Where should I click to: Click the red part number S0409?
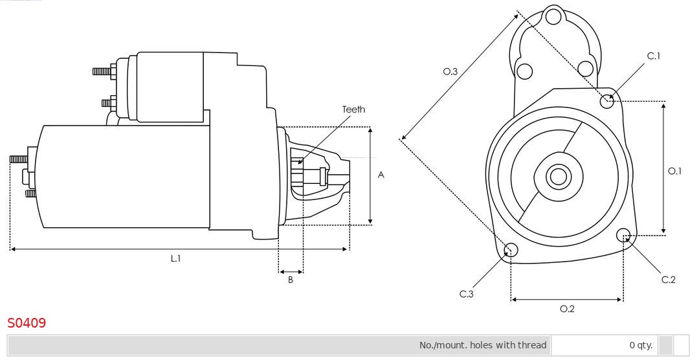[27, 322]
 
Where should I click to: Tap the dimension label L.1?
[175, 258]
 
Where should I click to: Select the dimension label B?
[291, 280]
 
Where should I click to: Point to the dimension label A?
[381, 175]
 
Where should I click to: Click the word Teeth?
[353, 109]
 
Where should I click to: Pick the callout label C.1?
[654, 56]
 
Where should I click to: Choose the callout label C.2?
[668, 280]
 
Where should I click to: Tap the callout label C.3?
[466, 294]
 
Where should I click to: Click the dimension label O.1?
[674, 171]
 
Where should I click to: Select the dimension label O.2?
[567, 309]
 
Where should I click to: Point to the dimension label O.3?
[450, 71]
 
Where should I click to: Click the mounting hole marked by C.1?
[606, 101]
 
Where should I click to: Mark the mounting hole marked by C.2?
[623, 235]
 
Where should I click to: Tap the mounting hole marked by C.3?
[511, 250]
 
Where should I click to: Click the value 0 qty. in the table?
[641, 345]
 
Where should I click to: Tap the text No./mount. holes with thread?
[483, 345]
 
